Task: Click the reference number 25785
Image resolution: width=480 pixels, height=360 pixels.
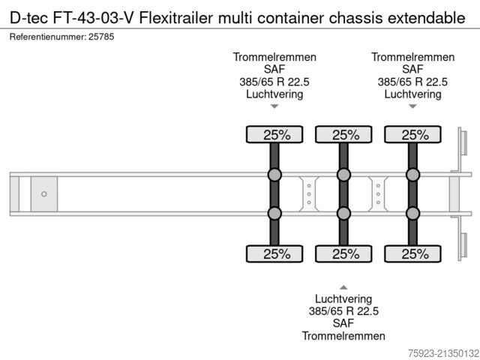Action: [102, 37]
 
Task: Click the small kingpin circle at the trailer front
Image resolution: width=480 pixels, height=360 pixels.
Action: [43, 194]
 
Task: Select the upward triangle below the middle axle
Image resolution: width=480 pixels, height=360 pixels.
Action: [343, 286]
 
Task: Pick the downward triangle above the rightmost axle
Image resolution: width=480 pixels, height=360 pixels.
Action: [412, 106]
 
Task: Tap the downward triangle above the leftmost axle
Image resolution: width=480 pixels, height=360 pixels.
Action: [274, 106]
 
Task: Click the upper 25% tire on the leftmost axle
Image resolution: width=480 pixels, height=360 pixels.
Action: [274, 135]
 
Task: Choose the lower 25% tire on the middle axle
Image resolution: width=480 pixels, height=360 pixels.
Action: [343, 253]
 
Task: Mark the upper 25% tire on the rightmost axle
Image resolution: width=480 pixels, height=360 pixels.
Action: [412, 135]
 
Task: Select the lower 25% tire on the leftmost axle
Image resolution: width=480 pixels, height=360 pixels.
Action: [274, 253]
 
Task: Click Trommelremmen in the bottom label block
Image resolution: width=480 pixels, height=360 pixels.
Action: [343, 336]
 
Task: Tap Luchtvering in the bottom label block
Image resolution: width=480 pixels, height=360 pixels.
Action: [343, 298]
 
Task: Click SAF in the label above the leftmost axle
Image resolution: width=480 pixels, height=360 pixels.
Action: [274, 70]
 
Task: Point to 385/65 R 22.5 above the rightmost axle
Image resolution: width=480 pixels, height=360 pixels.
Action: [412, 82]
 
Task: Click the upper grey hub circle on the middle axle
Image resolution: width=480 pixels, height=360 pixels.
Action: [343, 175]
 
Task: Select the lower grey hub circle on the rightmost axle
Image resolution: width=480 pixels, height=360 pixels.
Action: [412, 213]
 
